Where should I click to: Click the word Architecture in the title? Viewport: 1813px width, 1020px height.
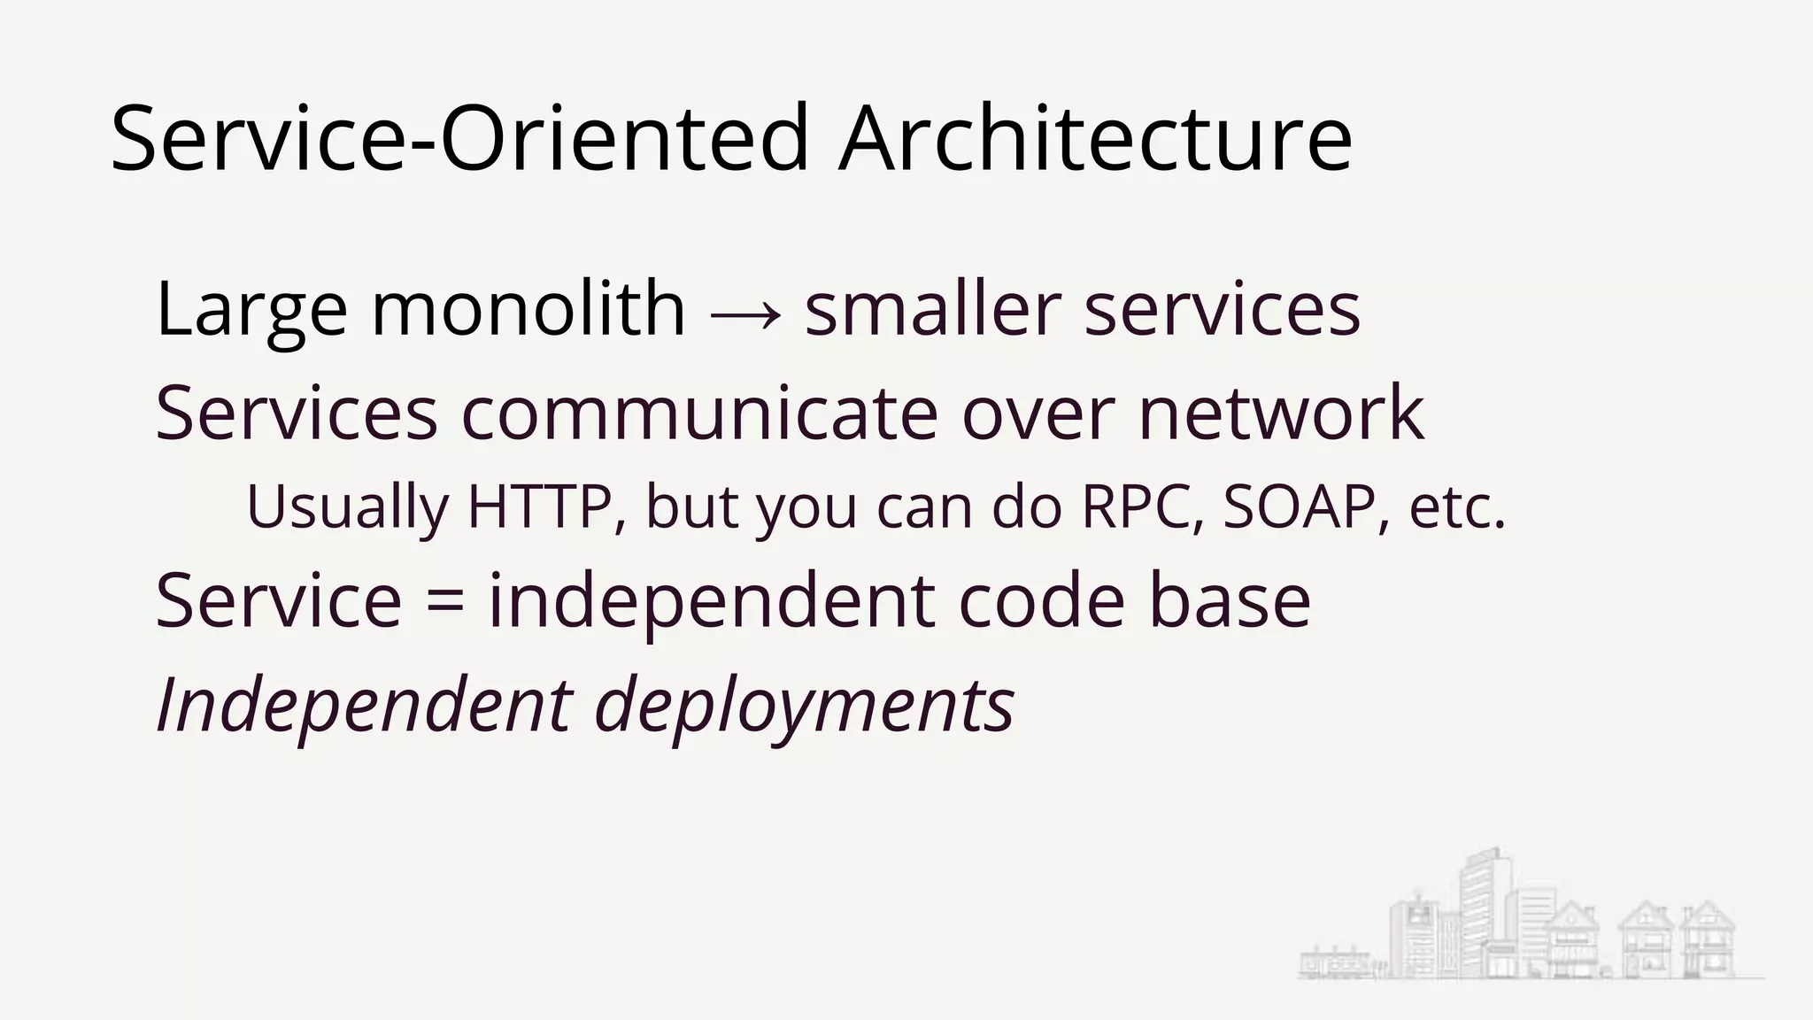(1095, 139)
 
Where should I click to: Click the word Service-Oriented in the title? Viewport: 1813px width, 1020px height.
(460, 139)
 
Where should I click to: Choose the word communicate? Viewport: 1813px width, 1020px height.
(699, 413)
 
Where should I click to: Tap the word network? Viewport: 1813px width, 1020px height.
(1281, 413)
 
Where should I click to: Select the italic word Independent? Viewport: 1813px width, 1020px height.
(364, 707)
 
